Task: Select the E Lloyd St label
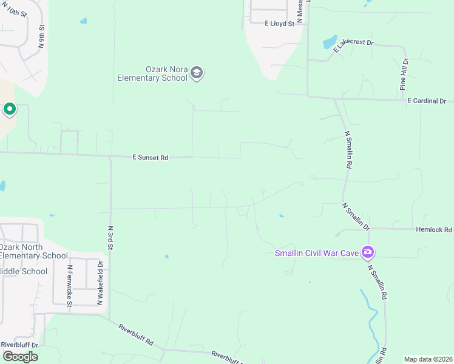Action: tap(279, 24)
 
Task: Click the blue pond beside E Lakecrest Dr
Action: tap(330, 42)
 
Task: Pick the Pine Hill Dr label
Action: tap(404, 75)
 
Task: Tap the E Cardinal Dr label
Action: tap(427, 101)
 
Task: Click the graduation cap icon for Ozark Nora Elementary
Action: tap(196, 73)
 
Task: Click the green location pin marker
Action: tap(9, 110)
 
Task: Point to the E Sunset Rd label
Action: tap(150, 157)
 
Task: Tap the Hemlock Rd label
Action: tap(434, 230)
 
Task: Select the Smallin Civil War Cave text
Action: tap(316, 253)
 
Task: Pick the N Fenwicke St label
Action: tap(70, 285)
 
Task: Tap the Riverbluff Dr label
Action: tap(19, 345)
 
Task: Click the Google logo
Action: tap(20, 357)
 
